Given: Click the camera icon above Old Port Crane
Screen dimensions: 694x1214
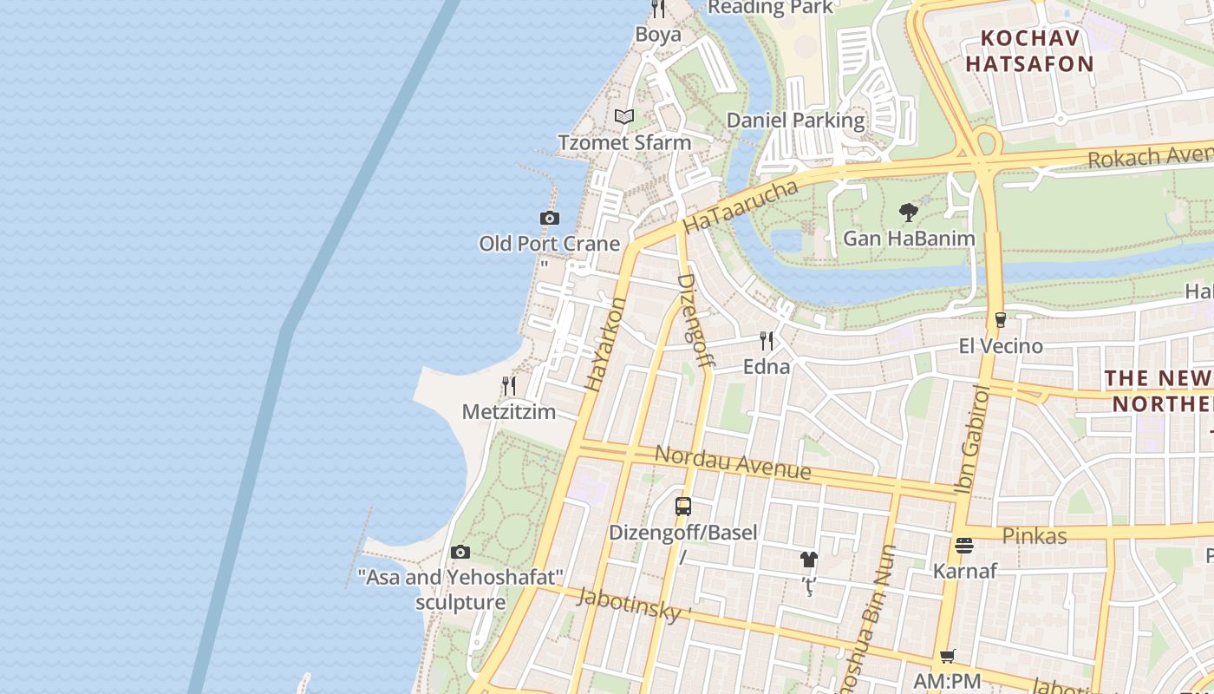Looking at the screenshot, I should (549, 219).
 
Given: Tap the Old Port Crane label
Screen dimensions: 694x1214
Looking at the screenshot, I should (550, 244).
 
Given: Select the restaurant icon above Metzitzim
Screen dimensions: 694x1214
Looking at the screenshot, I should (509, 386).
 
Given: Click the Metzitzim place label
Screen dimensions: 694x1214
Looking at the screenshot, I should (508, 411).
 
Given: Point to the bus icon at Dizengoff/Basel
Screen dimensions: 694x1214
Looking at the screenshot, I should (683, 507).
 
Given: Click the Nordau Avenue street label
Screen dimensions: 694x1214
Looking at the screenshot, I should (733, 462).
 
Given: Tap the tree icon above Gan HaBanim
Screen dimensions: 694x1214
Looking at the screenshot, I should (909, 213).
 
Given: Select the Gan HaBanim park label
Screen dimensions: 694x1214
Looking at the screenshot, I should (909, 238).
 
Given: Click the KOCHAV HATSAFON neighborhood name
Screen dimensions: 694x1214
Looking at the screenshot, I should (1030, 51).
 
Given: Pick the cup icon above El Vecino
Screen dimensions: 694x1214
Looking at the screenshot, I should (1000, 320).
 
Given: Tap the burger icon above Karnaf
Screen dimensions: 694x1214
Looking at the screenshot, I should (964, 546).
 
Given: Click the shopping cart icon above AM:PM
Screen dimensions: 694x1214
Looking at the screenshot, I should (947, 656).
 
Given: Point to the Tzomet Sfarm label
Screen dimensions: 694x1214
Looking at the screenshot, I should (624, 142).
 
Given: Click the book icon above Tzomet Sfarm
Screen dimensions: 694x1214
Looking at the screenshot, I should (624, 116).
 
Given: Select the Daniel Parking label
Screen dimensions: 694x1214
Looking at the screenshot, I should (795, 121).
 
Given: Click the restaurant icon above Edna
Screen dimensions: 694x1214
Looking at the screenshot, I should (767, 340).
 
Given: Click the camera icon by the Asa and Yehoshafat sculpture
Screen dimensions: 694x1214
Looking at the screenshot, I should (460, 552).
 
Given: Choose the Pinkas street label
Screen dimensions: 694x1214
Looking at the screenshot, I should (1034, 536).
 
